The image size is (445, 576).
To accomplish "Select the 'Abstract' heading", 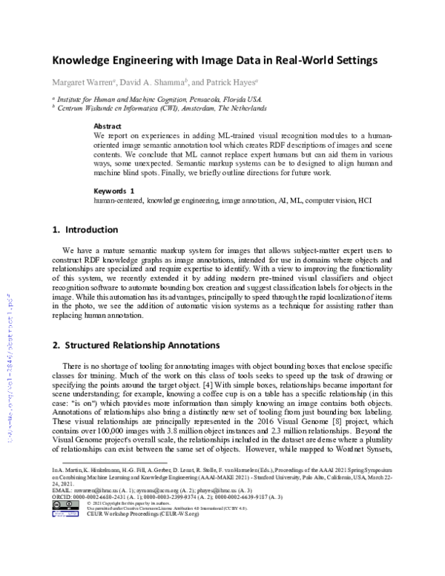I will point(108,127).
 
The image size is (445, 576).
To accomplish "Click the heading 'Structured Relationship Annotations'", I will point(140,346).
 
